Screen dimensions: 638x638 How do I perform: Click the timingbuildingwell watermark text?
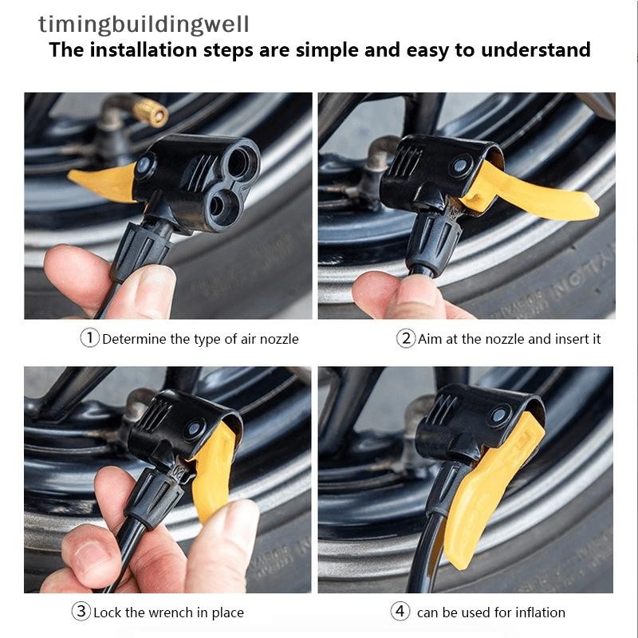click(144, 25)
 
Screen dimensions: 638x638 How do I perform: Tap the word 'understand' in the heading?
click(535, 49)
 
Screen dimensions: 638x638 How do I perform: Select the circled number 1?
click(89, 338)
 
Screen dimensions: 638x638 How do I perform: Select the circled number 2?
click(406, 338)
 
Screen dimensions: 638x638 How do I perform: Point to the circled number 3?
click(81, 611)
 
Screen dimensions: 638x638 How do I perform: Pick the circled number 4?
click(400, 611)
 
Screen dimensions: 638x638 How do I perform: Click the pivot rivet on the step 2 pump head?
click(460, 166)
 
